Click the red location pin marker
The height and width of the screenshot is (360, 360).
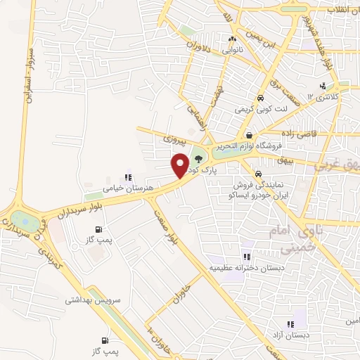pyautogui.click(x=180, y=166)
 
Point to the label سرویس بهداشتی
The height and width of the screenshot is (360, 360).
pyautogui.click(x=94, y=300)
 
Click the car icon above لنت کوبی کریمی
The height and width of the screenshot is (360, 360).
pyautogui.click(x=260, y=98)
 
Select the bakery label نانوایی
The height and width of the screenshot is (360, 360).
pyautogui.click(x=232, y=51)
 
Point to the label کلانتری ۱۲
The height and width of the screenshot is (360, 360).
pyautogui.click(x=324, y=96)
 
